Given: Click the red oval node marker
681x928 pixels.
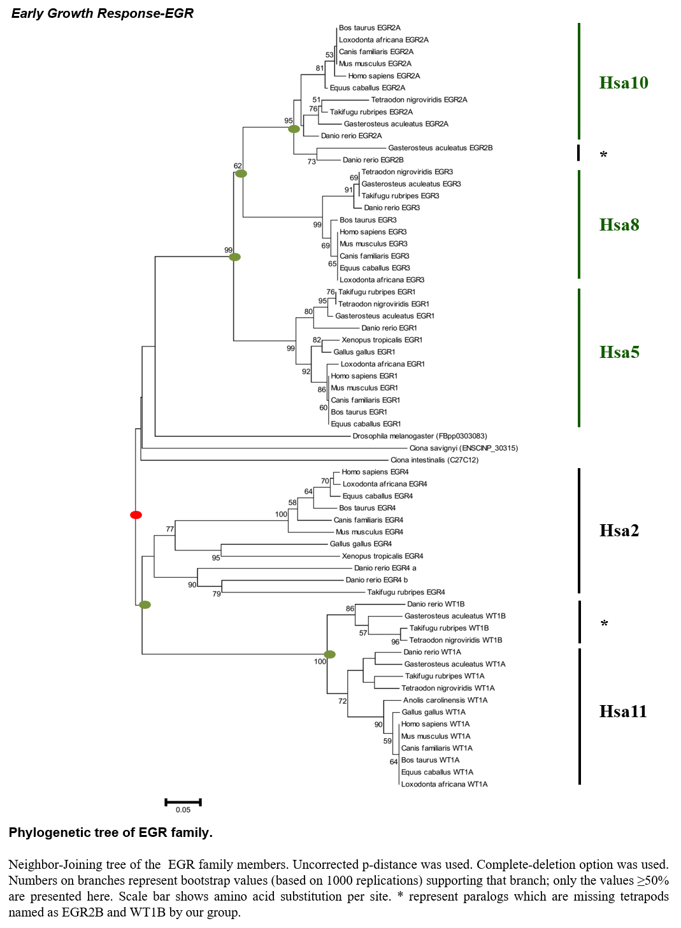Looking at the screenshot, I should (136, 515).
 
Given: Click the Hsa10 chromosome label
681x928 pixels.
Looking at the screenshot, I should (623, 83).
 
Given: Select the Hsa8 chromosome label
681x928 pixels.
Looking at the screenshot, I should (619, 225).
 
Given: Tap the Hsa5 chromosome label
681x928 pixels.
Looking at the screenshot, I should (619, 352).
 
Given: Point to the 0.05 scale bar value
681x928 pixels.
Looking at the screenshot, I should (183, 810).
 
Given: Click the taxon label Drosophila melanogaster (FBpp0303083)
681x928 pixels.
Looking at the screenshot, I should (419, 436).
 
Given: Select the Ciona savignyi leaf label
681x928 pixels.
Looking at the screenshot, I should (463, 448).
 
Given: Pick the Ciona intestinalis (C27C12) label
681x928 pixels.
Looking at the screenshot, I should (434, 460).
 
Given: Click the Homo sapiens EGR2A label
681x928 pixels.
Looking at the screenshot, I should (384, 76).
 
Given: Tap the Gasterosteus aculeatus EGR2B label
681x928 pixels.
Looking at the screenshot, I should (440, 148).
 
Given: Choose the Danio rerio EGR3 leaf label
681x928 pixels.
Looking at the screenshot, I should (391, 208).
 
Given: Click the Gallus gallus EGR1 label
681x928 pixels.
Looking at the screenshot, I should (364, 352).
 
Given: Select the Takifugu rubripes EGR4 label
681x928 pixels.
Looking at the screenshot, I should (406, 592).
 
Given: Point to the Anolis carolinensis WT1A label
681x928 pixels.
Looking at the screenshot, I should (445, 700).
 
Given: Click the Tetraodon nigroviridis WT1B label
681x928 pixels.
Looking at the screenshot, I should (455, 640).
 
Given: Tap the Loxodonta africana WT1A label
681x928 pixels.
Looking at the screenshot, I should (444, 784).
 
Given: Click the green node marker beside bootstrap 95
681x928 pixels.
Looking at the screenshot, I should (294, 129).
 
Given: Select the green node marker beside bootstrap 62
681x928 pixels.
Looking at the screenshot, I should (241, 173).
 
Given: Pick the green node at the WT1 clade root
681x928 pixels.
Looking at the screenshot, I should (329, 654).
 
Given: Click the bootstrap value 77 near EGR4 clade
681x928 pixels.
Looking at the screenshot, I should (169, 529).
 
